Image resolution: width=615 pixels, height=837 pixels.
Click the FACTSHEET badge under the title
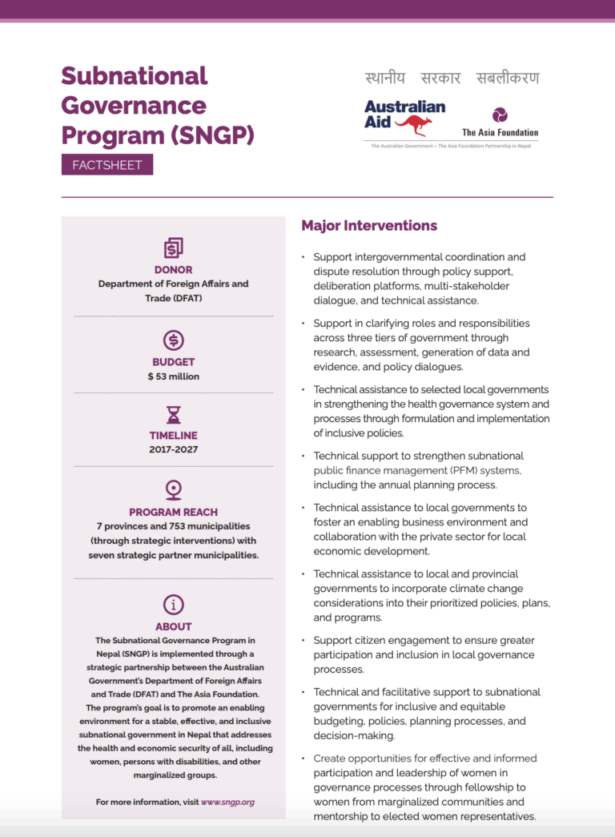[107, 165]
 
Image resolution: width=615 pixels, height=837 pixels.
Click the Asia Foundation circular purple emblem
[500, 115]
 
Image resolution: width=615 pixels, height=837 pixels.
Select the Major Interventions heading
[369, 226]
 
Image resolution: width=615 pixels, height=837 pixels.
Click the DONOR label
[173, 270]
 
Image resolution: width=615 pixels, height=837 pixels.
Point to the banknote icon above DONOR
[173, 248]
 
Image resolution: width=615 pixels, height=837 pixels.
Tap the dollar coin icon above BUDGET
[173, 340]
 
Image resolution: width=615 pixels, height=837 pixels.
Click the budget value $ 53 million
[173, 376]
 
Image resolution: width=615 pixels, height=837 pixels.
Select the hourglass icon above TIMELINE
[173, 415]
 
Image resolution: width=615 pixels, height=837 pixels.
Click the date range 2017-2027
[173, 449]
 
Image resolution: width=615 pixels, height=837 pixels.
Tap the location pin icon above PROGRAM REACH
[173, 489]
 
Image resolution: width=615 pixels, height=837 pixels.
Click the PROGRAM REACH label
[173, 512]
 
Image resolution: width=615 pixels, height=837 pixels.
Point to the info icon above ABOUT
[173, 604]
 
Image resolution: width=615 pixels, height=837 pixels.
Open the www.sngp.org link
[227, 802]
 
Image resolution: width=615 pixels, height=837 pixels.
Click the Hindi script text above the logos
[451, 78]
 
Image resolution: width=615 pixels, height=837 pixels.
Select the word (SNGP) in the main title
[212, 135]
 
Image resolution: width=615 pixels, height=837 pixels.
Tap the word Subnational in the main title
[135, 76]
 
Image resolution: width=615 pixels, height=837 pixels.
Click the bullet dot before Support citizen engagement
[303, 641]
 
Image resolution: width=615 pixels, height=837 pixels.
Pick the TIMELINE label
[173, 436]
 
